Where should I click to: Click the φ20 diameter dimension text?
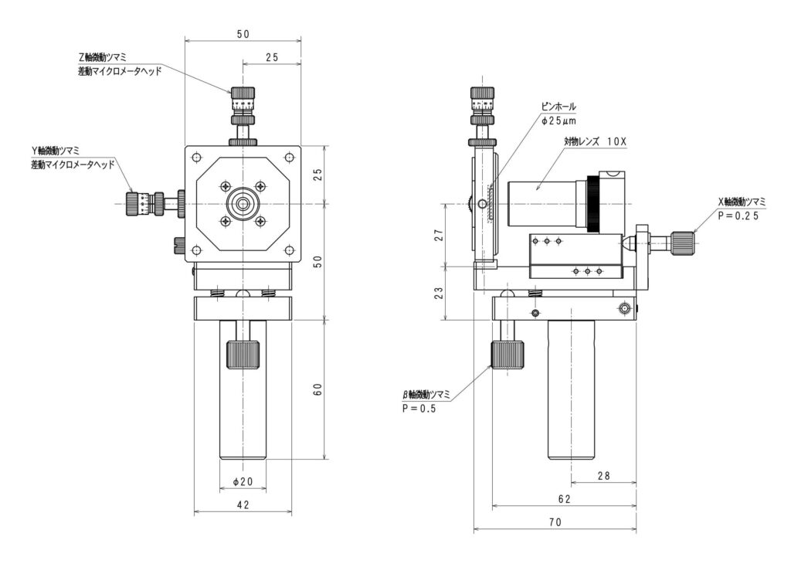tap(243, 482)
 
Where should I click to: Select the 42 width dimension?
tap(243, 504)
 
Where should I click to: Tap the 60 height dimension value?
tap(317, 390)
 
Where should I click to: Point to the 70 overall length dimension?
tap(555, 522)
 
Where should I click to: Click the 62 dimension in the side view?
tap(565, 499)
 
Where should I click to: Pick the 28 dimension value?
tap(603, 475)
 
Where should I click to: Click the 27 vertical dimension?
tap(440, 235)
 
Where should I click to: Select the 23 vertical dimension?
tap(440, 293)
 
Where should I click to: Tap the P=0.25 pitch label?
tap(738, 216)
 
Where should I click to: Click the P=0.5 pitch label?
tap(419, 408)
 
